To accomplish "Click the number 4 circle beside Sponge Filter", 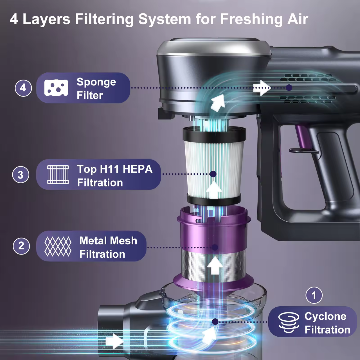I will click(23, 88).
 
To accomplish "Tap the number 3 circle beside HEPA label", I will click(21, 175).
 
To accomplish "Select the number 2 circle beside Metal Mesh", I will click(21, 246).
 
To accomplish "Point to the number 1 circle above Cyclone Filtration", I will click(314, 295).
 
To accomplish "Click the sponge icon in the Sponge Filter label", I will click(56, 88).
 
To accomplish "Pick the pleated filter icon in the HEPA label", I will click(58, 175).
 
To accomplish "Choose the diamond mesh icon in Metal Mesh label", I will click(58, 246).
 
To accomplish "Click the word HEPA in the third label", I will click(137, 169).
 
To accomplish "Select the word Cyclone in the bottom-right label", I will click(325, 316).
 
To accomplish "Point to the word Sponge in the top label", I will click(96, 82).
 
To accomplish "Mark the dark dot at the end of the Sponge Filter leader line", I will click(289, 87).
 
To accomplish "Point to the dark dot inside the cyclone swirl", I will click(215, 321).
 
